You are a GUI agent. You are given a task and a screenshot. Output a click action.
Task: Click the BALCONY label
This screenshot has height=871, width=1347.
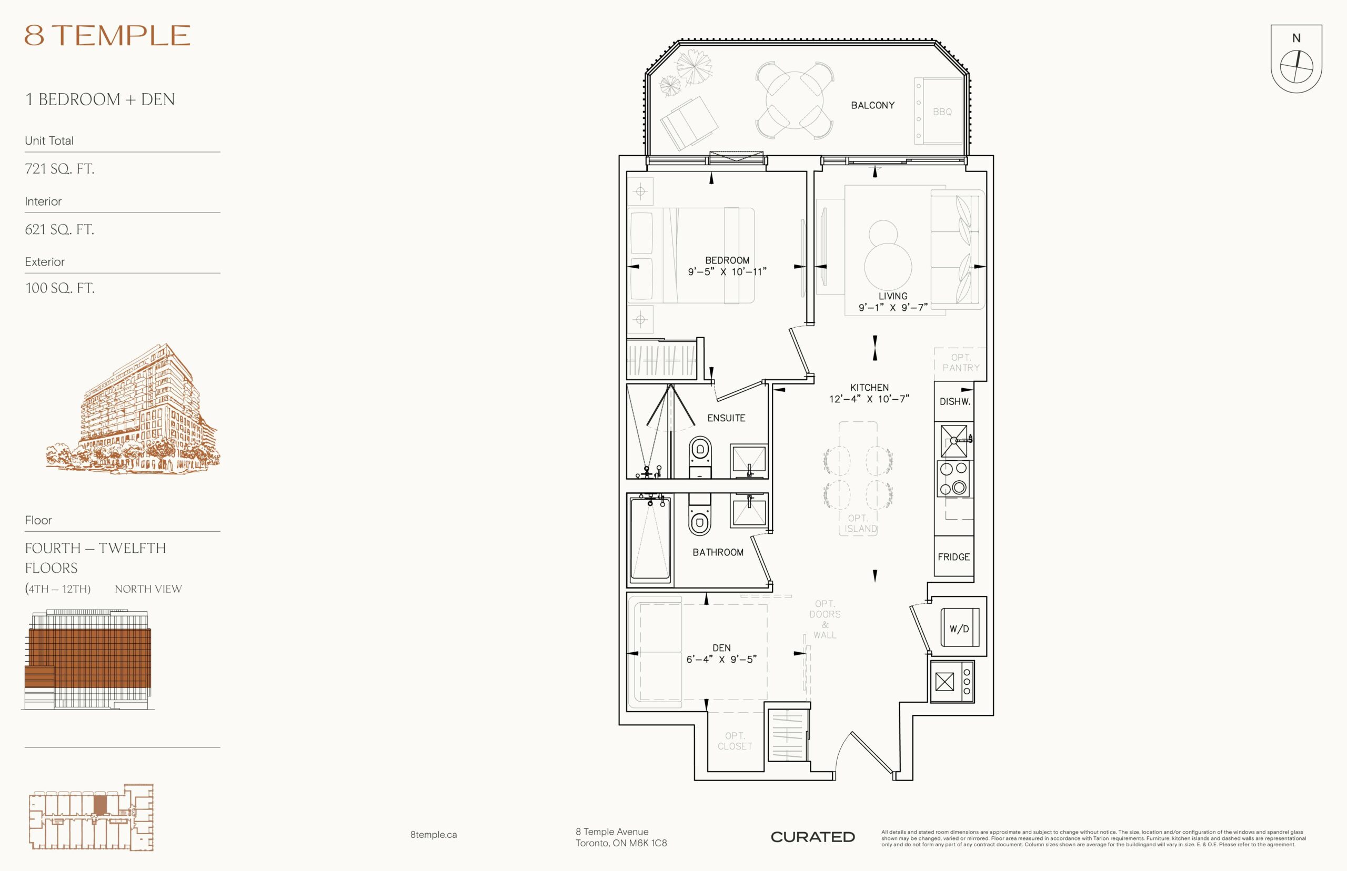coord(872,105)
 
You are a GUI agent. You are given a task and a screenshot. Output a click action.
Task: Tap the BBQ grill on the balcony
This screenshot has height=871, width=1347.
coord(939,111)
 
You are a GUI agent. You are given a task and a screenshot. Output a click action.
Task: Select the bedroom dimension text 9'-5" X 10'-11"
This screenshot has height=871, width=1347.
coord(727,272)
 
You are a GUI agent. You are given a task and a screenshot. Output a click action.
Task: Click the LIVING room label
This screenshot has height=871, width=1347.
coord(893,296)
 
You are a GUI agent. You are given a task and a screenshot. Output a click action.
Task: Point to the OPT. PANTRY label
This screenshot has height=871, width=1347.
coord(961,362)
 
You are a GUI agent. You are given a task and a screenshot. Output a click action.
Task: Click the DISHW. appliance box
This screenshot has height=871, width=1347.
coord(954,401)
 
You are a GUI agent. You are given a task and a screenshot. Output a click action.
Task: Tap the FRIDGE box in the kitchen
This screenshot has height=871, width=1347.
coord(954,556)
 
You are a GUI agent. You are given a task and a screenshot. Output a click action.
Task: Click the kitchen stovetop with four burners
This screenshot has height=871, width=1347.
coord(954,479)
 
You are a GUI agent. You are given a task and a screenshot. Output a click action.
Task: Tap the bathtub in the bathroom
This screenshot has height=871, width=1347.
coord(650,539)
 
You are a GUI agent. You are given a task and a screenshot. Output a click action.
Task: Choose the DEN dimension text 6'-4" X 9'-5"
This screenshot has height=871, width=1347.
coord(721,660)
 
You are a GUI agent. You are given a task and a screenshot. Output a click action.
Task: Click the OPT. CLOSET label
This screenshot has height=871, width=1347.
coord(735,741)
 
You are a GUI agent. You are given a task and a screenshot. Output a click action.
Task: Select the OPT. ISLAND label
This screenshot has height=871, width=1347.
coord(860,524)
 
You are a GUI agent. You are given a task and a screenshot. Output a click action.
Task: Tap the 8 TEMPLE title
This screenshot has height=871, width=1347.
coord(107,35)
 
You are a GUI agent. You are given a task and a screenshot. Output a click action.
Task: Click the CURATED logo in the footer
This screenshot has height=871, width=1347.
coord(812,837)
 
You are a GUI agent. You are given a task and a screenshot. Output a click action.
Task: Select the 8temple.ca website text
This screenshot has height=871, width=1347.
coord(434,835)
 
